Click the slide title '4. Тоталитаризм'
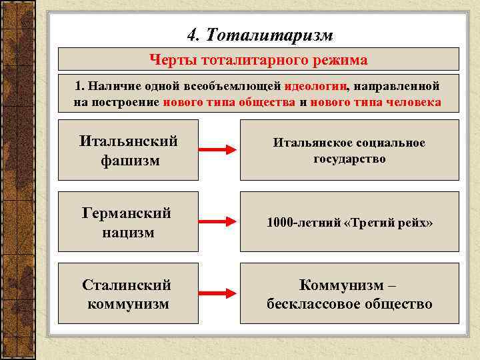pos(259,33)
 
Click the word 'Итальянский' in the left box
pos(128,141)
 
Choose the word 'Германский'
pos(127,213)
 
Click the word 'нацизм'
pos(128,233)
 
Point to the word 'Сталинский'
pos(127,285)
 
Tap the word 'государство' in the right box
pos(349,159)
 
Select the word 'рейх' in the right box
pos(414,223)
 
